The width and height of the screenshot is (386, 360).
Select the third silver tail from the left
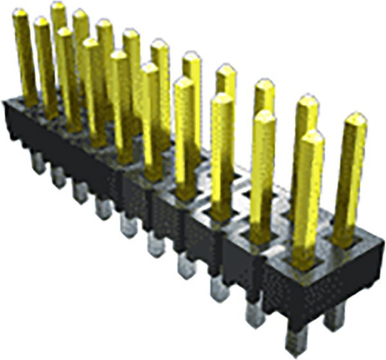click(80, 191)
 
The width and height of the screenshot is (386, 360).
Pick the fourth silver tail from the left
click(104, 207)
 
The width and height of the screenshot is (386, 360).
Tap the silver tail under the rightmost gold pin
click(335, 316)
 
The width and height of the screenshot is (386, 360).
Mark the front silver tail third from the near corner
click(219, 289)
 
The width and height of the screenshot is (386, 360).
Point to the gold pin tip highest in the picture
click(58, 6)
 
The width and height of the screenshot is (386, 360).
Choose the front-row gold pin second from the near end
click(262, 174)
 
